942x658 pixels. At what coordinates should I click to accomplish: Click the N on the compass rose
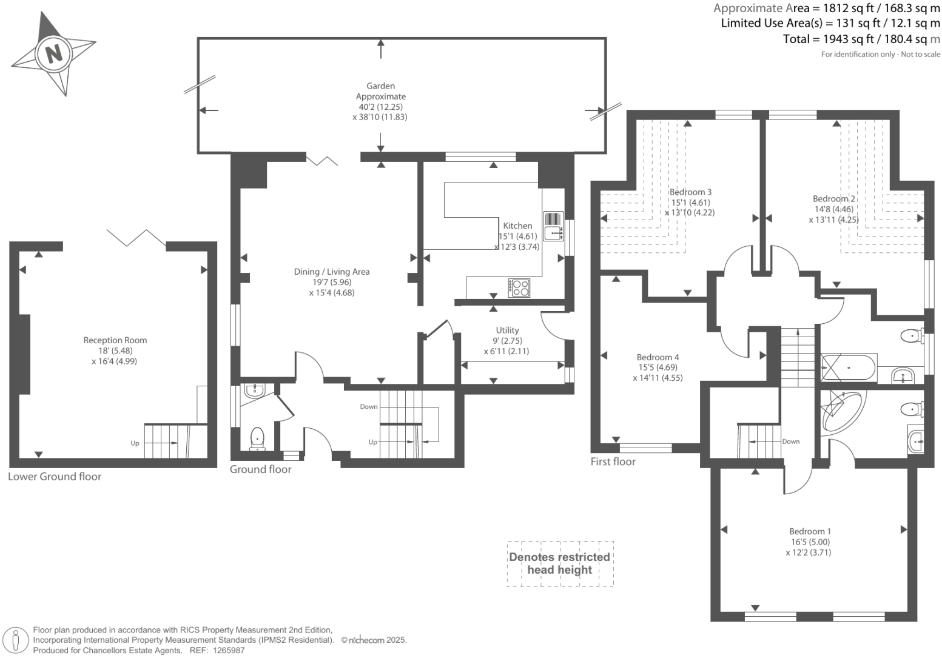point(53,54)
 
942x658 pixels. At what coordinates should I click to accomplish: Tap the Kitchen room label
point(517,226)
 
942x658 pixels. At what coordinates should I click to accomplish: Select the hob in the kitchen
point(519,288)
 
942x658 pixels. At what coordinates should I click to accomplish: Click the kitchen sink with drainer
point(553,226)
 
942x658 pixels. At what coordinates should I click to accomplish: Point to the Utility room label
point(507,330)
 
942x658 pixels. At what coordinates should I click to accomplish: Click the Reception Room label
point(115,340)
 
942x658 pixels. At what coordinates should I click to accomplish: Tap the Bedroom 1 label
point(810,531)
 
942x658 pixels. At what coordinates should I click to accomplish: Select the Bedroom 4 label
point(658,357)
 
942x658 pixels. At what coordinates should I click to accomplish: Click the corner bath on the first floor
point(839,412)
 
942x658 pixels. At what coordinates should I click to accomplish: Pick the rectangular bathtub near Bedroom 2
point(848,368)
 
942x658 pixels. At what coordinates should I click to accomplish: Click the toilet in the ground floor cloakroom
point(257,439)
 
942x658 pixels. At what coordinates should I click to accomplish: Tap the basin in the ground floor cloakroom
point(254,391)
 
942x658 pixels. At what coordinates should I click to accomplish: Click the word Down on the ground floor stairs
point(369,406)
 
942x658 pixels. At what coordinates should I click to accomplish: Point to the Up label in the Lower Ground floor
point(135,443)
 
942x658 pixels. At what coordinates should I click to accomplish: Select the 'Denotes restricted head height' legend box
point(560,564)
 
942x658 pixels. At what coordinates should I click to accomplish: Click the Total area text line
point(861,39)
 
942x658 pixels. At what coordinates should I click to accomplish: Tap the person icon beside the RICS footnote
point(16,640)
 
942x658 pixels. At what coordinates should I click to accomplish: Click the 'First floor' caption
point(613,462)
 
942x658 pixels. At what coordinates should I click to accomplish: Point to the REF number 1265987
point(229,651)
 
